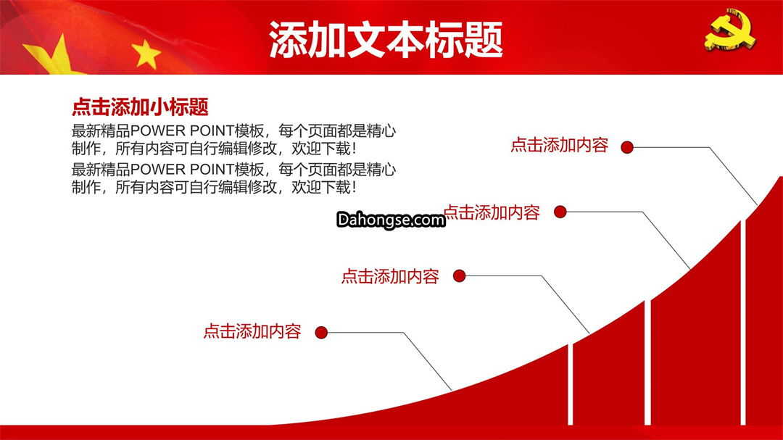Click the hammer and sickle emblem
click(x=730, y=30)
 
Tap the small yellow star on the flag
click(x=146, y=54)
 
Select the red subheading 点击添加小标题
click(x=141, y=107)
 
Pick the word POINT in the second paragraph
click(x=212, y=170)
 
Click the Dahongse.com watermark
click(x=391, y=220)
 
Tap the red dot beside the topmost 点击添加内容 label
click(x=627, y=147)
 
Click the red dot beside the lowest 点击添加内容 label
click(x=321, y=332)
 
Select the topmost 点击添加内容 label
click(x=559, y=145)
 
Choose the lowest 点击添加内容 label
click(x=252, y=331)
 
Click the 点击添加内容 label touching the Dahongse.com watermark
click(x=492, y=213)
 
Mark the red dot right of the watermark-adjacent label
click(x=560, y=212)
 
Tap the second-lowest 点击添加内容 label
click(x=390, y=276)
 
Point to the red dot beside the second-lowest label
click(x=460, y=275)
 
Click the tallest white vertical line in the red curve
click(x=743, y=322)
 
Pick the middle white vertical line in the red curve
click(x=647, y=362)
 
